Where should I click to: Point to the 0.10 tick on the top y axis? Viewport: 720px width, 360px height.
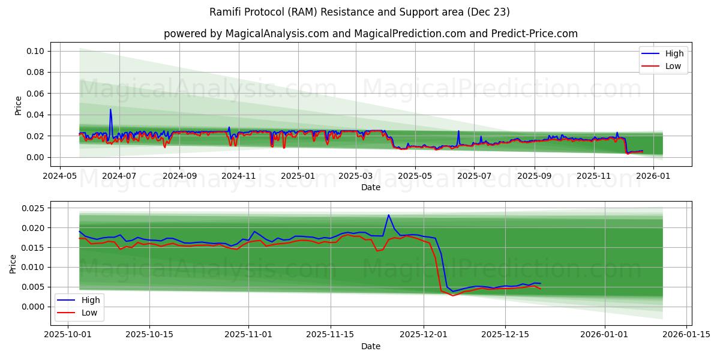coord(35,52)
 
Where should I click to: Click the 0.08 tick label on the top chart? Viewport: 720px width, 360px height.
coord(35,73)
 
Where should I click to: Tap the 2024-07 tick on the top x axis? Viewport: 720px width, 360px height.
coord(119,176)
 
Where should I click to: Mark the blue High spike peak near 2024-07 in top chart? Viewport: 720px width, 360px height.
coord(110,109)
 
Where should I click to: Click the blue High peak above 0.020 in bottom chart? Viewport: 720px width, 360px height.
coord(388,215)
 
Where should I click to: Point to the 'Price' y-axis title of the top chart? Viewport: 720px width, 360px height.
coord(18,105)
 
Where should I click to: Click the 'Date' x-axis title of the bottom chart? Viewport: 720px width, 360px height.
coord(370,346)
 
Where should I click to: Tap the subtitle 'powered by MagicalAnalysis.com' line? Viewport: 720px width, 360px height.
coord(370,34)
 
